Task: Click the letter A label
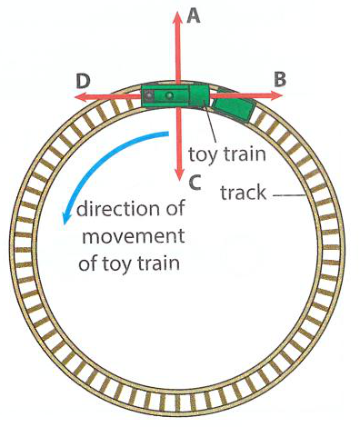tap(194, 15)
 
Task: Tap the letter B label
tap(280, 80)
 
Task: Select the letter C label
tap(195, 183)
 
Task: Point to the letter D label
tap(84, 82)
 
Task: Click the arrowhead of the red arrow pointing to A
tap(177, 16)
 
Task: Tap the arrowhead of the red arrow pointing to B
tap(277, 96)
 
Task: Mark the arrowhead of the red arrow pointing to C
tap(179, 175)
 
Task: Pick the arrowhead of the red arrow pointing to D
tap(81, 97)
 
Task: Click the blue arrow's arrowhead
tap(65, 219)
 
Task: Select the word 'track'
tap(244, 193)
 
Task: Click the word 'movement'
tap(134, 236)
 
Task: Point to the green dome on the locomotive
tap(168, 95)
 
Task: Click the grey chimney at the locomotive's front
tap(149, 95)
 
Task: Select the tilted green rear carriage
tap(234, 106)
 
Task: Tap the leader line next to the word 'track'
tap(289, 195)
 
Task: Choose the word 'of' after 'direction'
tap(175, 209)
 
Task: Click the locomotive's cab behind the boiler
tap(199, 95)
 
